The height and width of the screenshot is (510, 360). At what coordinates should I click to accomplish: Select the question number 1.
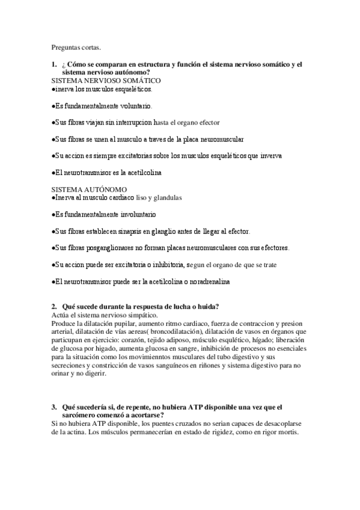[53, 64]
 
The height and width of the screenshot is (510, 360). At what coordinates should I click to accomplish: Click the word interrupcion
[133, 122]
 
